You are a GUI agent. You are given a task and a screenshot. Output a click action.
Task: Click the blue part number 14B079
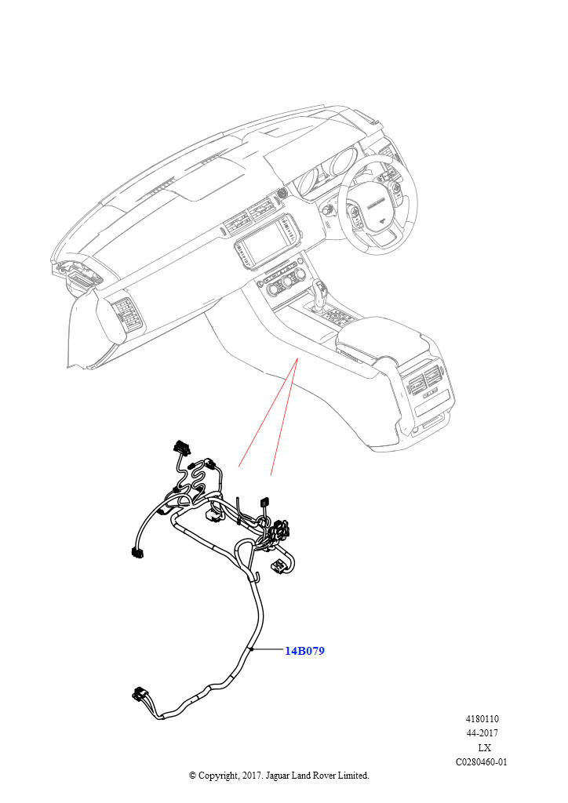click(304, 651)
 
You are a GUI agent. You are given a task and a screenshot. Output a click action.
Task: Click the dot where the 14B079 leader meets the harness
click(252, 650)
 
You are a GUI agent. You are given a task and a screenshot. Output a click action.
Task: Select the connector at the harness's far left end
click(137, 552)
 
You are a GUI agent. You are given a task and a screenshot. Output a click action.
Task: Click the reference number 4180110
click(482, 719)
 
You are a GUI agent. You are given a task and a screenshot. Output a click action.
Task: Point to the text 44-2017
click(482, 733)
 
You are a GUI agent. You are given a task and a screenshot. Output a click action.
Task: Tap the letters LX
click(484, 747)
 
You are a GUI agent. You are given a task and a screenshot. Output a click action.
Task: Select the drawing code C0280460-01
click(482, 762)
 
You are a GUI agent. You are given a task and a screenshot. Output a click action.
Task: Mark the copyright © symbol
click(192, 776)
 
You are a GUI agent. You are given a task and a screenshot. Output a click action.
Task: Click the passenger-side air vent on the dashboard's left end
click(125, 314)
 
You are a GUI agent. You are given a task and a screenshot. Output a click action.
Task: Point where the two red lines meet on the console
click(297, 360)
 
